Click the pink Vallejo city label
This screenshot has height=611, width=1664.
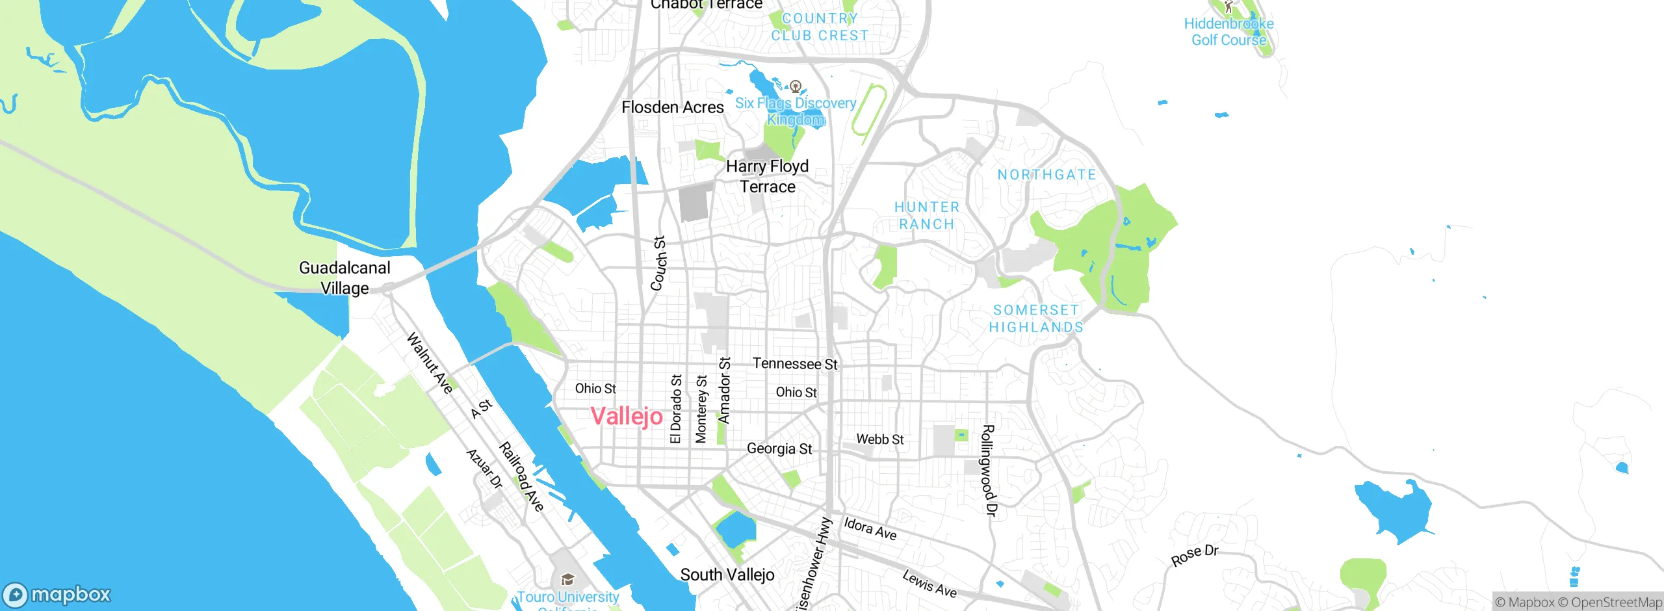pyautogui.click(x=627, y=416)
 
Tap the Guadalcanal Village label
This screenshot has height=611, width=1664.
pyautogui.click(x=344, y=278)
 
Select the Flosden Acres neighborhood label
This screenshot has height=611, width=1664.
pyautogui.click(x=672, y=107)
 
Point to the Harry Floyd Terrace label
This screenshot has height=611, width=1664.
pyautogui.click(x=767, y=176)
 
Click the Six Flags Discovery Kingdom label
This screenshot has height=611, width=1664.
pyautogui.click(x=796, y=111)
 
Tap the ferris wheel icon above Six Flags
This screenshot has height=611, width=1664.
pyautogui.click(x=795, y=86)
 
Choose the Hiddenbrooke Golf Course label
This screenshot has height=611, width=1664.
pyautogui.click(x=1228, y=31)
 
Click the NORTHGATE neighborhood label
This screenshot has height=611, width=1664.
pyautogui.click(x=1046, y=175)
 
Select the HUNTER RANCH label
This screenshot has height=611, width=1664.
pyautogui.click(x=926, y=215)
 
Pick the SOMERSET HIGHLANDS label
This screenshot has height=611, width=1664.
pyautogui.click(x=1036, y=318)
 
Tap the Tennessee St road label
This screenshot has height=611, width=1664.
pyautogui.click(x=795, y=364)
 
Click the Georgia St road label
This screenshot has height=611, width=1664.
pyautogui.click(x=779, y=448)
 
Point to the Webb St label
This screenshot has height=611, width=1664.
pyautogui.click(x=879, y=439)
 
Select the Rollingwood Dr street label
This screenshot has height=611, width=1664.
pyautogui.click(x=988, y=471)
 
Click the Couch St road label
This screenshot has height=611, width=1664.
pyautogui.click(x=658, y=263)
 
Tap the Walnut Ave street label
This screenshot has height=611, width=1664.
pyautogui.click(x=430, y=363)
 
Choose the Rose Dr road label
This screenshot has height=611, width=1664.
pyautogui.click(x=1194, y=555)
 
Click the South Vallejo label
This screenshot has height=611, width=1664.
pyautogui.click(x=727, y=575)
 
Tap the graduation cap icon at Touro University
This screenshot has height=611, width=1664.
pyautogui.click(x=567, y=579)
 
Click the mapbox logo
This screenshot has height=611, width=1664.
pyautogui.click(x=57, y=594)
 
